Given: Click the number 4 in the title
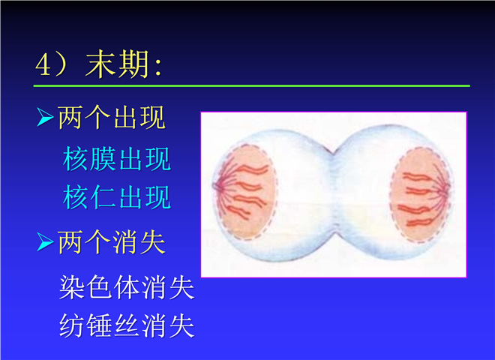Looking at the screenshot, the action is [43, 66].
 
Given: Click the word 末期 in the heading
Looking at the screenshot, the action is [117, 64].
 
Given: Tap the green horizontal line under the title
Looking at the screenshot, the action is [251, 85].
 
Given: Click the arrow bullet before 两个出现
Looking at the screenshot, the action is [45, 117].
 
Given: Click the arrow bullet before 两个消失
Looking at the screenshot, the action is [45, 242].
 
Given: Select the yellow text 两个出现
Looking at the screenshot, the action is [112, 117].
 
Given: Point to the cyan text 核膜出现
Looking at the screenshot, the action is [117, 159].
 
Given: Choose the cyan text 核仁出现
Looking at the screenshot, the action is [117, 197].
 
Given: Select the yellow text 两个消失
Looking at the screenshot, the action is [112, 242].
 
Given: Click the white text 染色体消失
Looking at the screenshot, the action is [127, 286].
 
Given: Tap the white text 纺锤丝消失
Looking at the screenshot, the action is [127, 325].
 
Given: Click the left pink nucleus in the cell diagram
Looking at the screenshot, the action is [245, 192].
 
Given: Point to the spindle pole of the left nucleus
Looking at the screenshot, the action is [216, 186].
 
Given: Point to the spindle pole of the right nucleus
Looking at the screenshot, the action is [448, 190].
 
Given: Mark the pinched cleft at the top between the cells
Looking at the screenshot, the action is [332, 154].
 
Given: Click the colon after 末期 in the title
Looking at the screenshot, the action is [158, 67].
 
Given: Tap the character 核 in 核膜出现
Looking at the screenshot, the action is [75, 159].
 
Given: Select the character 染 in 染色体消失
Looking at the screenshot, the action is [72, 286].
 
